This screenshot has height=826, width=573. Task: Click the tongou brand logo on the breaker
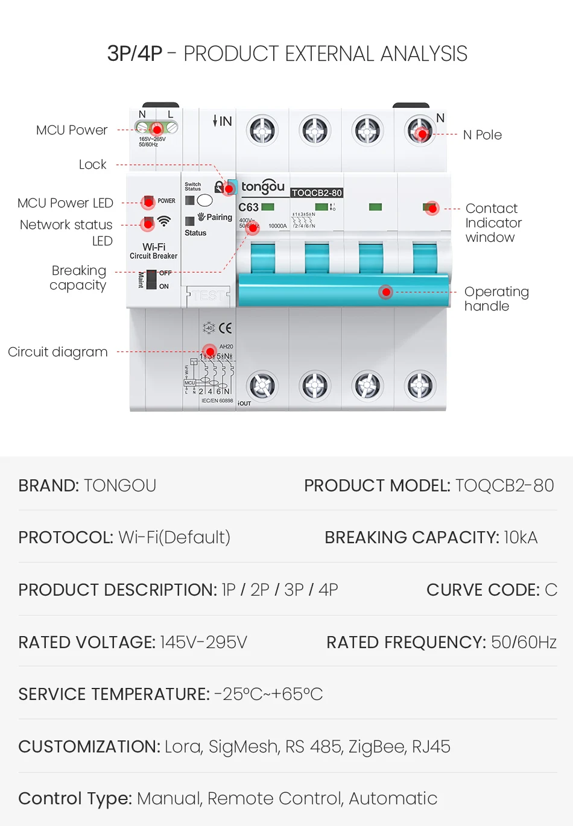tap(262, 187)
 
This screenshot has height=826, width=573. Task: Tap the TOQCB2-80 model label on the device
tap(317, 193)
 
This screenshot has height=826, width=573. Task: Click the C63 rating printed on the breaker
tap(249, 207)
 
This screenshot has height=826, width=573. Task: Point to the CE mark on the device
tap(226, 328)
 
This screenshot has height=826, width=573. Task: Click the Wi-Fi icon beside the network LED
tap(164, 221)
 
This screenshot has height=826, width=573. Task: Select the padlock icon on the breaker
tap(220, 188)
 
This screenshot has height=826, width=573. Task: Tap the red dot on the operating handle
tap(386, 292)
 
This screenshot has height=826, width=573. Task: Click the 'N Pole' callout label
tap(482, 135)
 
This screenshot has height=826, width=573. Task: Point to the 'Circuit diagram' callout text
tap(58, 352)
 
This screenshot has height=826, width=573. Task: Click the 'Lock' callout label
tap(92, 165)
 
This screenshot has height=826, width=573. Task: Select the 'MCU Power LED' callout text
tap(65, 203)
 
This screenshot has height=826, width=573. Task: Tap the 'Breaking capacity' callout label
tap(78, 278)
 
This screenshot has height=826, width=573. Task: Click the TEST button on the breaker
tap(209, 295)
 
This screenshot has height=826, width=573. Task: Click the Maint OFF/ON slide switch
tap(151, 280)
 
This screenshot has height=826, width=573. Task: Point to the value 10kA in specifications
tap(520, 538)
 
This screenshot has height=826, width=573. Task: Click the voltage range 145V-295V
tap(203, 643)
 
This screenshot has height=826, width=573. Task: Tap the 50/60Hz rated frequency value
tap(524, 643)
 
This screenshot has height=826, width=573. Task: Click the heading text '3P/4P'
tap(135, 54)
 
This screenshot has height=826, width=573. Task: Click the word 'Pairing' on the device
tap(219, 218)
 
